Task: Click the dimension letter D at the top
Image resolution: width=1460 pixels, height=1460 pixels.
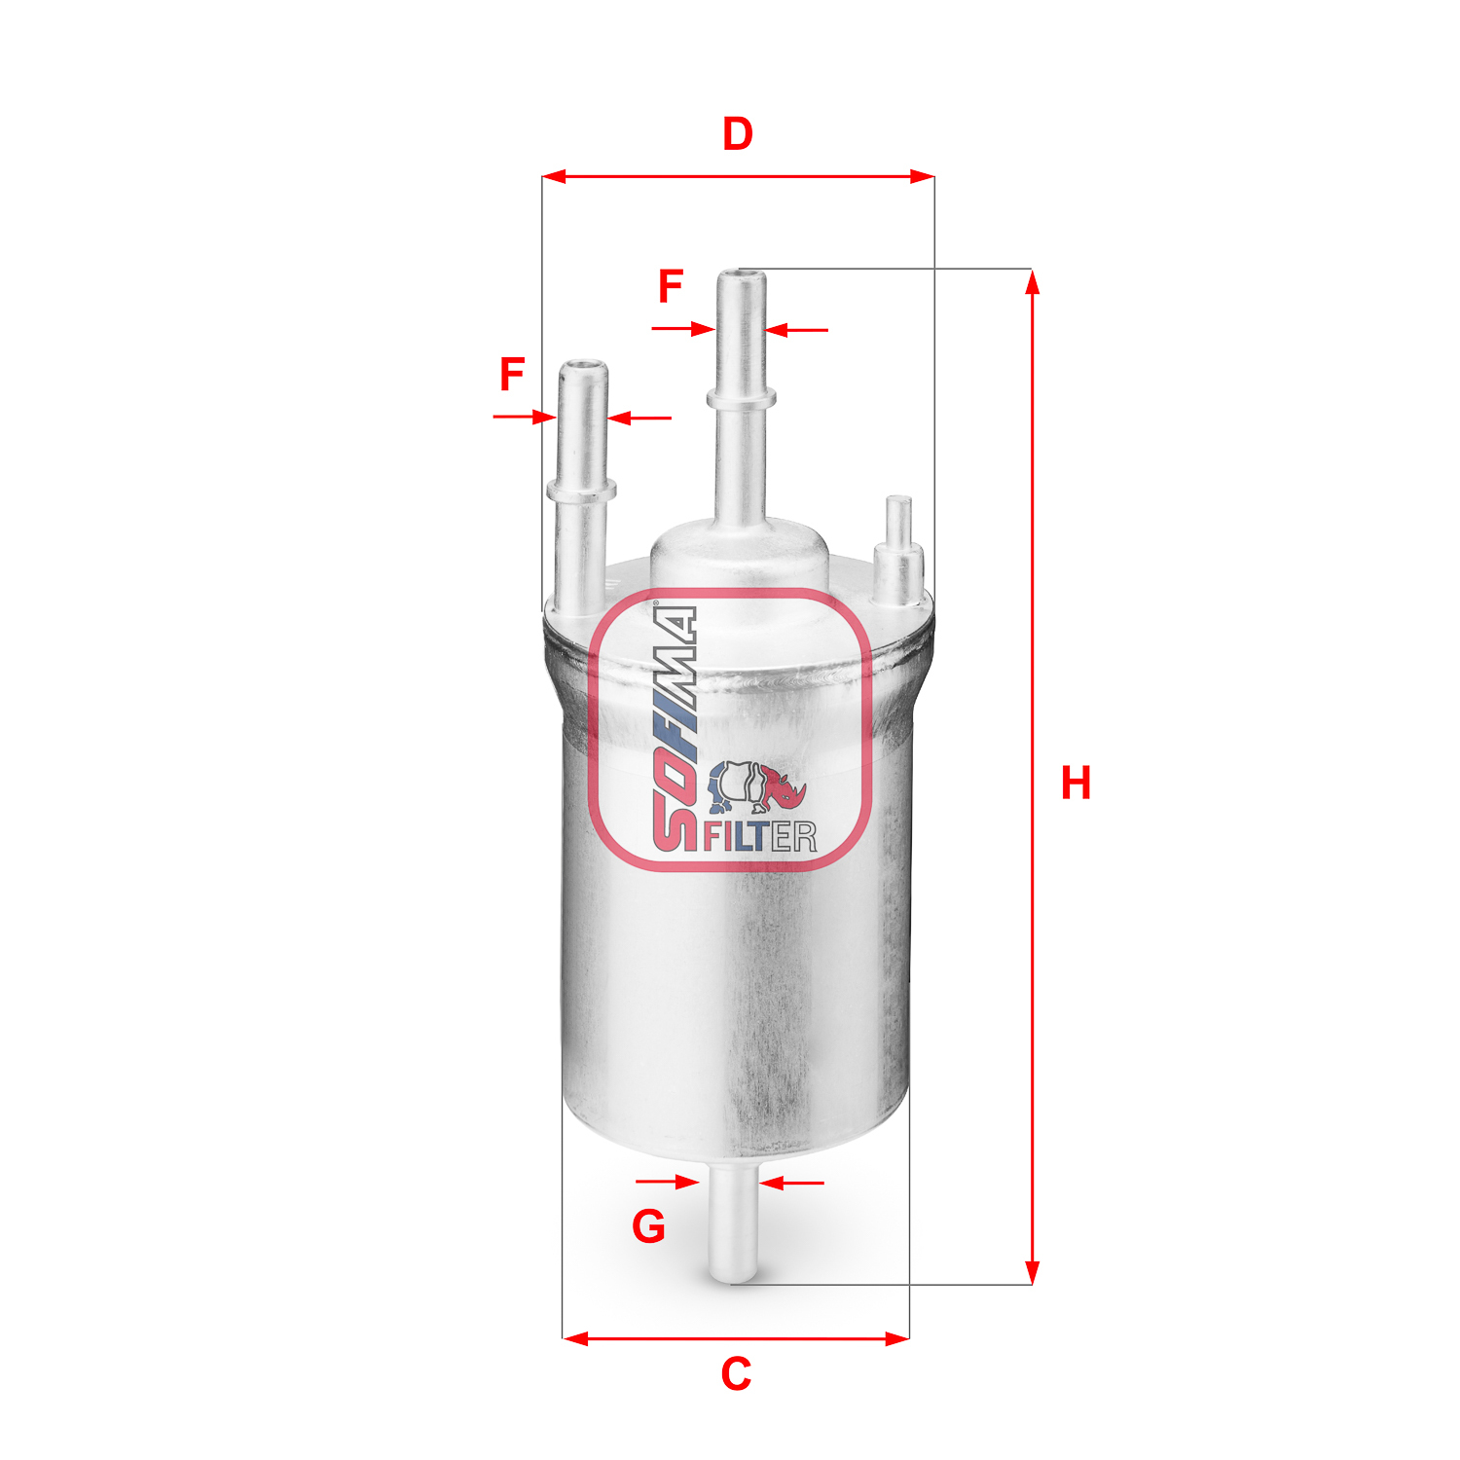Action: coord(738,134)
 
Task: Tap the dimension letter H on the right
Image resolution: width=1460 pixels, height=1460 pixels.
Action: coord(1076,784)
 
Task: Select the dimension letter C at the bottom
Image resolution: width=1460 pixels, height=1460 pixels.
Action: coord(736,1374)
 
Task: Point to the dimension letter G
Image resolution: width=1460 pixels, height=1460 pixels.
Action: coord(648,1226)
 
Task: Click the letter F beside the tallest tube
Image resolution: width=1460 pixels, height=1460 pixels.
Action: coord(671,287)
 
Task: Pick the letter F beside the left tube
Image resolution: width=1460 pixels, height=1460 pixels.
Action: coord(512,376)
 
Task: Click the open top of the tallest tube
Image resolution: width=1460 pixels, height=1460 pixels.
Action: coord(742,275)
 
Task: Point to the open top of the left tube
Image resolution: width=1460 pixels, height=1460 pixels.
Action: coord(583,367)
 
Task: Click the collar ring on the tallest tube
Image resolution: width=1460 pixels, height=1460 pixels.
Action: coord(742,397)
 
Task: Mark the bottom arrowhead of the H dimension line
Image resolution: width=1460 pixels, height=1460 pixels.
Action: coord(1033,1273)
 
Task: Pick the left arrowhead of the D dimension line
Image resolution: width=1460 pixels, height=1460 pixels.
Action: coord(553,177)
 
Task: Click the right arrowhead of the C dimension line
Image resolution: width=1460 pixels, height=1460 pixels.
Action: coord(898,1339)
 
